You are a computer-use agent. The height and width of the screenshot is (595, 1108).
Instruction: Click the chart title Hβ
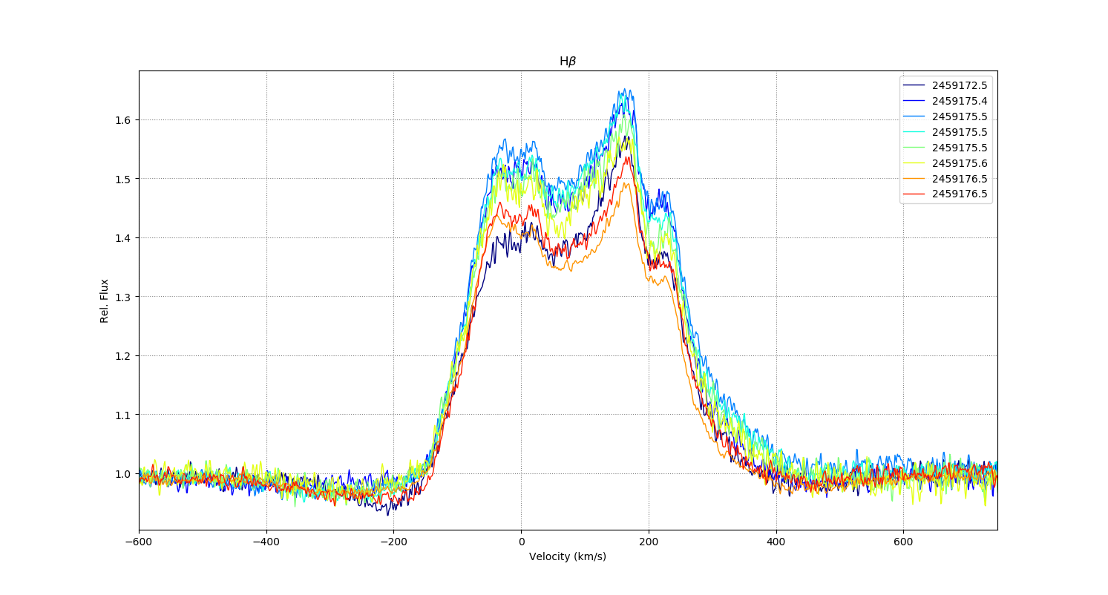coord(568,62)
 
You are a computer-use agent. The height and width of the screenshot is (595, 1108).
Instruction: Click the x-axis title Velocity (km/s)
coord(568,556)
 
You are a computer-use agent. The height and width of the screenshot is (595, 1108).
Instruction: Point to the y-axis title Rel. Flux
coord(105,300)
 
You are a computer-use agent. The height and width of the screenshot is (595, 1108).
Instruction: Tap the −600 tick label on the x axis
coord(139,542)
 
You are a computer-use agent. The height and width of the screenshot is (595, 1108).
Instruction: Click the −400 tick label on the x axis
coord(266,542)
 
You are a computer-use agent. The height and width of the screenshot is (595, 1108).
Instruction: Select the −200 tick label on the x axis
coord(393,542)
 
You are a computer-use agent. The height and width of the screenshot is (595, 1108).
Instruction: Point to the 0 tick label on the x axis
coord(521,542)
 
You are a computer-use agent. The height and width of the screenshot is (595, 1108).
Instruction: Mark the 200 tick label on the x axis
coord(649,542)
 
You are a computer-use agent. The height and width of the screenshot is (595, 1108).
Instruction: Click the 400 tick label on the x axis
coord(776,542)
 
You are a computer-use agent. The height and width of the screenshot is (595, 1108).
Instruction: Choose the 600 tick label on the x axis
coord(903,542)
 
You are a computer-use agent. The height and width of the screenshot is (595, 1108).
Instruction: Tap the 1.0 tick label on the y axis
coord(124,474)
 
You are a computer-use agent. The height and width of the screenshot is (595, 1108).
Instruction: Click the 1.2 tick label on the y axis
coord(124,356)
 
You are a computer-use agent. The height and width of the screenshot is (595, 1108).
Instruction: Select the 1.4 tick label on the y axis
coord(124,238)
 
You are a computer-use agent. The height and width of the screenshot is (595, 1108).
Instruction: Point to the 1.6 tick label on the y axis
coord(124,120)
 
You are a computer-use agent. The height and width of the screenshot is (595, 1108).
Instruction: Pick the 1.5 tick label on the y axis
coord(124,179)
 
